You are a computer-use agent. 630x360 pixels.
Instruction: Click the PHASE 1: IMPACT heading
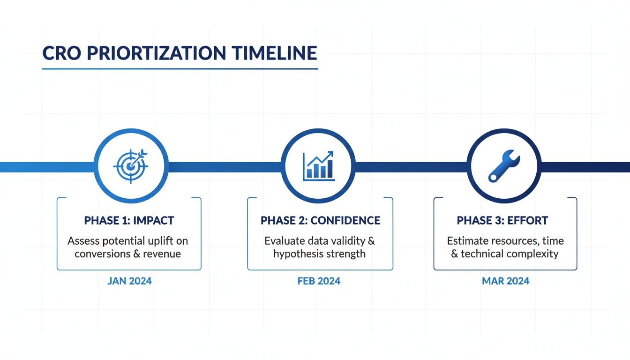129,220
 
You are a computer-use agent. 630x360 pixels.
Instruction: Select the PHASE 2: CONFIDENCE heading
320,220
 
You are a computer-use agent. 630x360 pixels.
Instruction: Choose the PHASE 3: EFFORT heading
502,220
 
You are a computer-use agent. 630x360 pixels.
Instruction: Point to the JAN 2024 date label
129,281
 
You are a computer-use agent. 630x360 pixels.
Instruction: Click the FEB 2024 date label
319,281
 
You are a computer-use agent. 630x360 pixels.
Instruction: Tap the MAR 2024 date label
505,281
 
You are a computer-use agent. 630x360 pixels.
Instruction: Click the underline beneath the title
180,69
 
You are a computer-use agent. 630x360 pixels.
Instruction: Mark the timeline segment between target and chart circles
224,166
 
